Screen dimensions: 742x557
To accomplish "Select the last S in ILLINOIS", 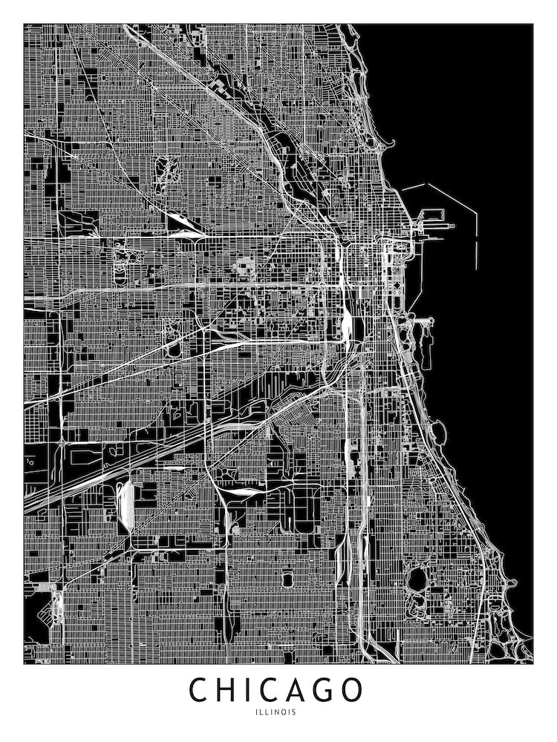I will (x=294, y=712).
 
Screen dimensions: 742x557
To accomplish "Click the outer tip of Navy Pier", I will (x=443, y=223).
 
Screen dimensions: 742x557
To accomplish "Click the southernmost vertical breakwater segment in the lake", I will (x=476, y=252).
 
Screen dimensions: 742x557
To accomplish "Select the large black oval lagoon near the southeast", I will (x=417, y=578).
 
